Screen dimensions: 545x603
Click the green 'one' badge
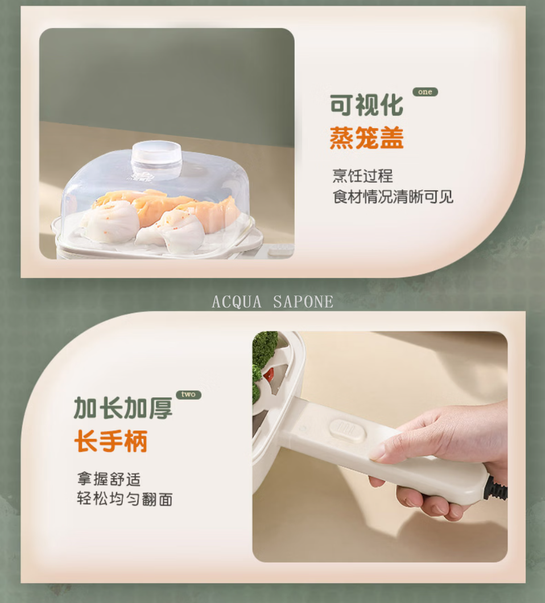point(425,92)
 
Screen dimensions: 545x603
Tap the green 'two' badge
point(188,395)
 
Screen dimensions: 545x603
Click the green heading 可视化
point(367,105)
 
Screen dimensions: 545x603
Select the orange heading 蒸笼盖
point(367,138)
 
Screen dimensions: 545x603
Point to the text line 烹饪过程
point(362,176)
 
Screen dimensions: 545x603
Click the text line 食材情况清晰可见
point(393,196)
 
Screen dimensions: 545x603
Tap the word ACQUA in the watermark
point(237,302)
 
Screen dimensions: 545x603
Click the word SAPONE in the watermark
point(303,302)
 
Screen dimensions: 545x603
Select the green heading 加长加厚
point(123,408)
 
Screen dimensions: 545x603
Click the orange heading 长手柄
point(111,441)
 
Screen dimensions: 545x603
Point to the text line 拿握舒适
point(109,479)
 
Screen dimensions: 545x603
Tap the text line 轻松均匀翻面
point(125,499)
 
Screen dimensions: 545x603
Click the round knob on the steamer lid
point(156,158)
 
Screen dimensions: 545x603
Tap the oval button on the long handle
point(348,430)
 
